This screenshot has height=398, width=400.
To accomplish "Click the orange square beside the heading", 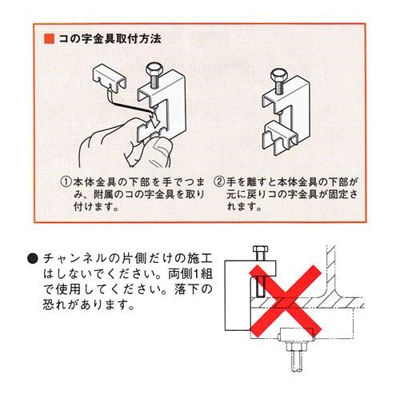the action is coord(50,38).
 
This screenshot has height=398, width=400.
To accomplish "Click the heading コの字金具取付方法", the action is coord(110,38).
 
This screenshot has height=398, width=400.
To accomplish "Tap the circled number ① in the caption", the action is coord(66,182).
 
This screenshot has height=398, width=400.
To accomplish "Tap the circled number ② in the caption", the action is coord(219,182).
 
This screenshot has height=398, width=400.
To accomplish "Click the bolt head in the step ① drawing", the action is coord(153,70).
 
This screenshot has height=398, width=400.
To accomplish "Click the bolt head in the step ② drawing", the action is coord(278,74).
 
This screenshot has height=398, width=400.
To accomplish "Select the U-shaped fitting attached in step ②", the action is coord(279,138).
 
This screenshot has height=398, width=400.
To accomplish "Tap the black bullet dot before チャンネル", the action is coord(33,259).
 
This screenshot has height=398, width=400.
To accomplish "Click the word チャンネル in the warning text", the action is coord(74,259).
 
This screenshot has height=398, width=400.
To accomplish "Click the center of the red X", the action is coord(286,301).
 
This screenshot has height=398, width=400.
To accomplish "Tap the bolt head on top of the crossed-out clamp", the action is coord(260,249).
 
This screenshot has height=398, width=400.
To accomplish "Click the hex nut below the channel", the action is coord(296,347).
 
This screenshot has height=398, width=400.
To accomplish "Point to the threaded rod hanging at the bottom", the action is coord(296,362).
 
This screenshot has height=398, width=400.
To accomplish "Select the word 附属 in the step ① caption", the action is coord(104,194).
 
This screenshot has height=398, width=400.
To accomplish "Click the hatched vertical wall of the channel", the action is coord(331,269).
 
